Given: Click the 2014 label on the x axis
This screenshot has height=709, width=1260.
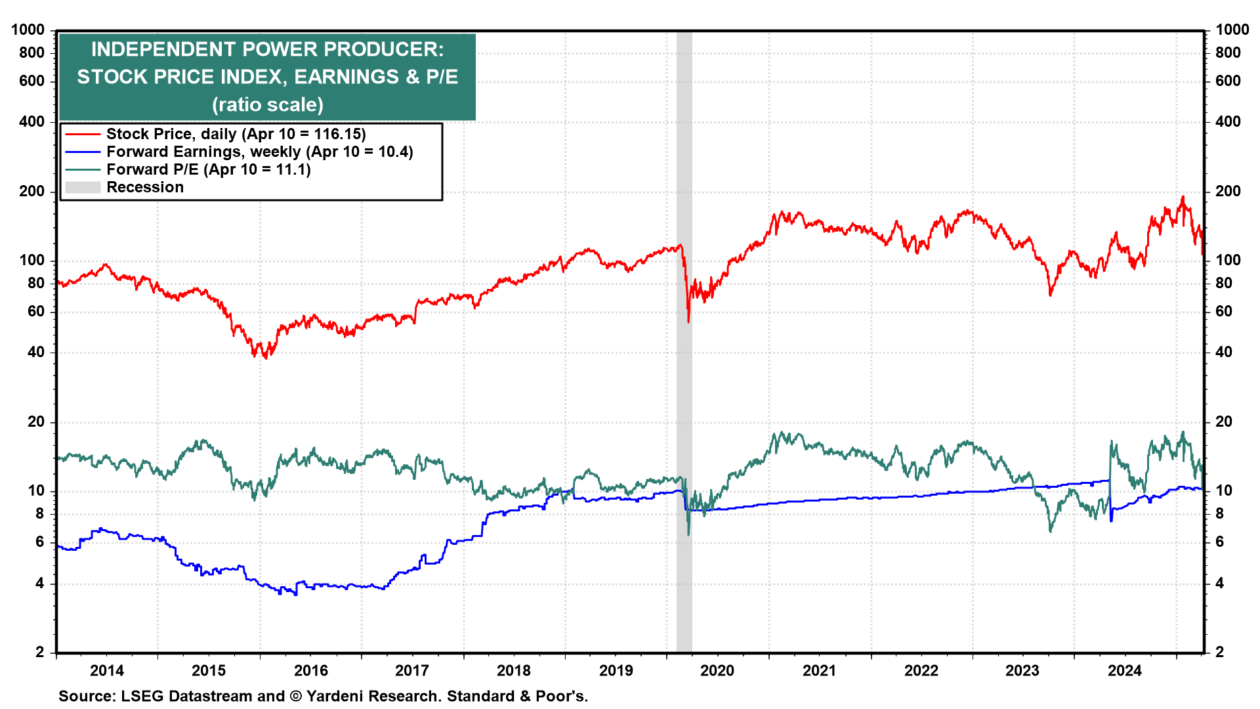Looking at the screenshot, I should click(107, 670).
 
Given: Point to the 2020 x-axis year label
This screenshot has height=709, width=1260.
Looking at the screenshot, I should click(717, 670).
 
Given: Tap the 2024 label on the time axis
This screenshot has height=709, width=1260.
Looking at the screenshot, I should click(1125, 670).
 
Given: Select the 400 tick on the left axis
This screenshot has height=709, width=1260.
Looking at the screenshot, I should click(32, 121).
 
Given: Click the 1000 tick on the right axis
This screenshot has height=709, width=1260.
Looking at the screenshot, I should click(1232, 30).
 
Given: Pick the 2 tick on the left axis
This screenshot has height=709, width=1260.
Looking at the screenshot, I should click(40, 652).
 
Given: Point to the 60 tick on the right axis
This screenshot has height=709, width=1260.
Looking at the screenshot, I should click(1224, 311).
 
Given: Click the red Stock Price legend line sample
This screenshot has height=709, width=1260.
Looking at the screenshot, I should click(83, 134).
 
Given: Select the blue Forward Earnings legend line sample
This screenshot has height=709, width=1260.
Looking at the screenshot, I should click(83, 152).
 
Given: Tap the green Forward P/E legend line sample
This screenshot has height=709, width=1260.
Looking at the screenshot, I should click(83, 169).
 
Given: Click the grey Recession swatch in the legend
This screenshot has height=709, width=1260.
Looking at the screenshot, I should click(83, 187).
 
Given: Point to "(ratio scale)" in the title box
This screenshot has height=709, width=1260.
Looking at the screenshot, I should click(267, 104).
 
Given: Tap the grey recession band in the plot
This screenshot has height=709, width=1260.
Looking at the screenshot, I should click(684, 394).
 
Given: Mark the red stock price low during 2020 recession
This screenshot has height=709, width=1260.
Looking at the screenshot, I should click(688, 321).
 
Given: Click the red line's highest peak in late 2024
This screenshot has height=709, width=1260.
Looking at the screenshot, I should click(1183, 197).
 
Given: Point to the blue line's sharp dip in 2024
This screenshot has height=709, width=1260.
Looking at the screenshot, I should click(1111, 521).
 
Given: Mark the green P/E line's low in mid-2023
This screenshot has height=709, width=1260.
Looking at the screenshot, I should click(1050, 530).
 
